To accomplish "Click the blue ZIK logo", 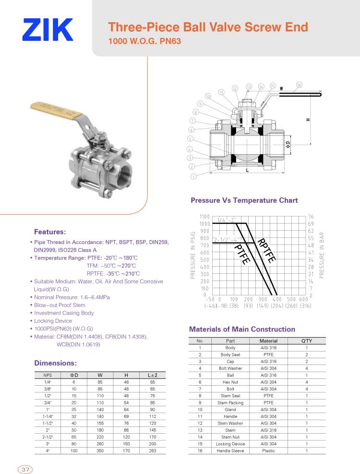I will [x=48, y=30].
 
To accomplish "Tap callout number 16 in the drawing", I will [x=299, y=85].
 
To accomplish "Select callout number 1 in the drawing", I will [x=193, y=176].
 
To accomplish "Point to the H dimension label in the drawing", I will [x=308, y=119].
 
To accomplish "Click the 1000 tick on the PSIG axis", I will [x=205, y=224].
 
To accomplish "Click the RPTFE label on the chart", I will [x=266, y=250].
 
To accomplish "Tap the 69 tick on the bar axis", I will [x=311, y=224].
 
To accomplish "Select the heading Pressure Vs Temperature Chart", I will [x=244, y=200].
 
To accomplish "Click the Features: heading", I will [x=50, y=231].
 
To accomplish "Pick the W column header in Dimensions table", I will [x=100, y=375].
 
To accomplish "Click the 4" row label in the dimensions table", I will [x=48, y=451].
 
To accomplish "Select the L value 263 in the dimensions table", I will [x=152, y=451].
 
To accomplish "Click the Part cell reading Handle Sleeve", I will [x=230, y=451].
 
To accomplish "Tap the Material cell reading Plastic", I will [x=268, y=451].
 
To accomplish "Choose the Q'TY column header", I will [x=306, y=340].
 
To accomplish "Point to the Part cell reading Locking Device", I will [x=230, y=444].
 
